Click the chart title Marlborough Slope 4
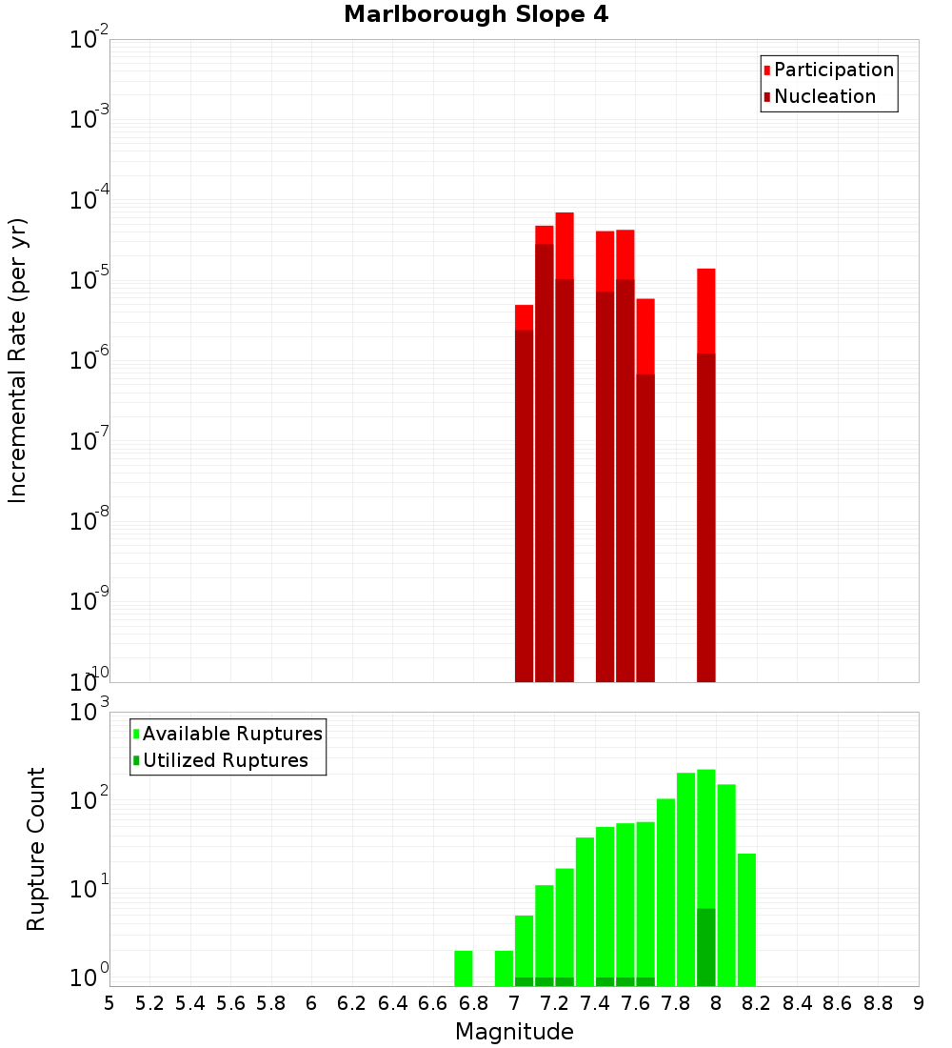coord(476,14)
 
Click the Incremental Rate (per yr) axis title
coord(18,360)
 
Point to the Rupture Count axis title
coord(36,848)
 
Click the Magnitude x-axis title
coord(514,1032)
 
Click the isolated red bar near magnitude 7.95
coord(705,476)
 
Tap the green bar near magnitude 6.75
coord(464,968)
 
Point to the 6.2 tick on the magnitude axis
coord(352,1003)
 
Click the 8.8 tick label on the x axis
coord(878,1003)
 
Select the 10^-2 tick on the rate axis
coord(89,40)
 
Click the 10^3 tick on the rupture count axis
coord(89,712)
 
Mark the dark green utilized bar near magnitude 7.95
coord(705,947)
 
